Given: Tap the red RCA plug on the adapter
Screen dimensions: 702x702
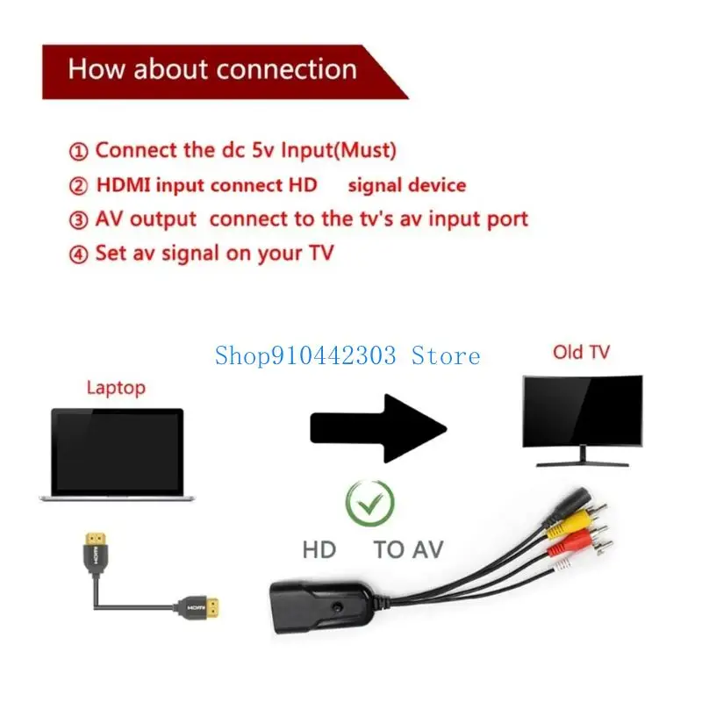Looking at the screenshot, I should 562,549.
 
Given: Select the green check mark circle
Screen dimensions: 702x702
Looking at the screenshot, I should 369,501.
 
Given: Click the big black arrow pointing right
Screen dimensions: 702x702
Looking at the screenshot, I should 378,427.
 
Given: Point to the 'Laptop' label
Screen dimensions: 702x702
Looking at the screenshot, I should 116,387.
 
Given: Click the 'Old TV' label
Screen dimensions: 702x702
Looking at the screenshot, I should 581,352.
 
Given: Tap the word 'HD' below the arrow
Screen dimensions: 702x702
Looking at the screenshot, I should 319,550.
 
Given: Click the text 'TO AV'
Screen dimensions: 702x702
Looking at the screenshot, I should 408,550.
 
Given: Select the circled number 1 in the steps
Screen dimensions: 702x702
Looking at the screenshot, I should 78,151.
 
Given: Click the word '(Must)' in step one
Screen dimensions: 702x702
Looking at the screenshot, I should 362,150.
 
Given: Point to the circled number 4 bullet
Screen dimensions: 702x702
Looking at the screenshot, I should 78,254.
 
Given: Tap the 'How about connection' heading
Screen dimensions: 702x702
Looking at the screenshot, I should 212,69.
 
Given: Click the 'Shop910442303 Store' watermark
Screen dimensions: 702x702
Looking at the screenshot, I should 347,355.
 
